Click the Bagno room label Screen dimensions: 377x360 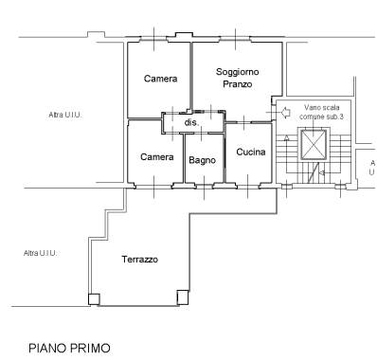tap(202, 160)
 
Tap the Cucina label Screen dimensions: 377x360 tap(251, 152)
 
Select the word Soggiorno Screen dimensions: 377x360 tap(238, 72)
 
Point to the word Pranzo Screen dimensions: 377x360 tap(238, 84)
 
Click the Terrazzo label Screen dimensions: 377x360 tap(140, 260)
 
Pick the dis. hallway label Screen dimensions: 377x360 tap(191, 122)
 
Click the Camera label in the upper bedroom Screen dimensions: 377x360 tap(160, 79)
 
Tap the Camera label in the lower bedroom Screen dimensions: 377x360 tap(157, 157)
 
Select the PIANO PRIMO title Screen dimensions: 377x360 tap(70, 348)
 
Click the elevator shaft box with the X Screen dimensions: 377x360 tap(314, 145)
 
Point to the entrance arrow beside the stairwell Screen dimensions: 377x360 tap(285, 112)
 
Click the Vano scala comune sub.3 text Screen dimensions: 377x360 tap(321, 112)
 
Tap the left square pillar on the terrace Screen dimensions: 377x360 tap(94, 299)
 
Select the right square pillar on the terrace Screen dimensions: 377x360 tap(183, 297)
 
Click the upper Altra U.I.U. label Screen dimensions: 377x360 tap(65, 115)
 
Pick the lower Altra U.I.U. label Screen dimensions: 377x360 tap(40, 253)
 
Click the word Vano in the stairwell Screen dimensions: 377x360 tap(313, 108)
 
